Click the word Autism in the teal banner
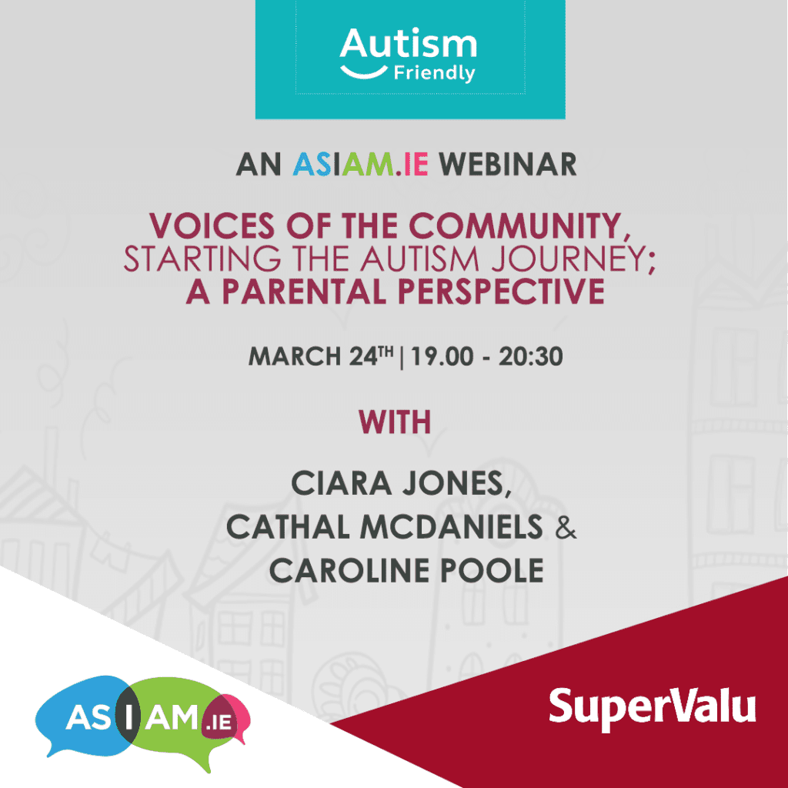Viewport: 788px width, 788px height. coord(408,44)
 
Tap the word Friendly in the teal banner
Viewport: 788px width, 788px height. coord(434,73)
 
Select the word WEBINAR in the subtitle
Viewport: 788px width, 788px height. coord(507,165)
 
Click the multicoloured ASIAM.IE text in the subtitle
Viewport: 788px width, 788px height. coord(360,165)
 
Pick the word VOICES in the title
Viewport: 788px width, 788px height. coord(212,225)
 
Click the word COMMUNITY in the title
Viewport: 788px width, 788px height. coord(519,227)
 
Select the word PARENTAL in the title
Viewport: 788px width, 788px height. coord(304,292)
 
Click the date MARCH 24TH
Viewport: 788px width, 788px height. coord(321,356)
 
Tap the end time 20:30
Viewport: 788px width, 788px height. coord(531,357)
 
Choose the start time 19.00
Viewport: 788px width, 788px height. coord(442,357)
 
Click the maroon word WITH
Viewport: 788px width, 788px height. coord(395,422)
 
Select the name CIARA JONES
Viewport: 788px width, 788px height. coord(401,483)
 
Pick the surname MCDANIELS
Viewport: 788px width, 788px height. coord(452,527)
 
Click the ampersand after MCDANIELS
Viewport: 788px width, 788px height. coord(566,528)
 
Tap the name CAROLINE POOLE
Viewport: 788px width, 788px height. coord(406,570)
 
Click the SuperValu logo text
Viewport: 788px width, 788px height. coord(653,708)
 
